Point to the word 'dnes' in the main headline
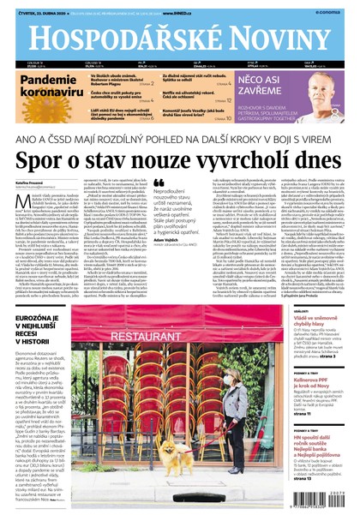pos(315,158)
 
